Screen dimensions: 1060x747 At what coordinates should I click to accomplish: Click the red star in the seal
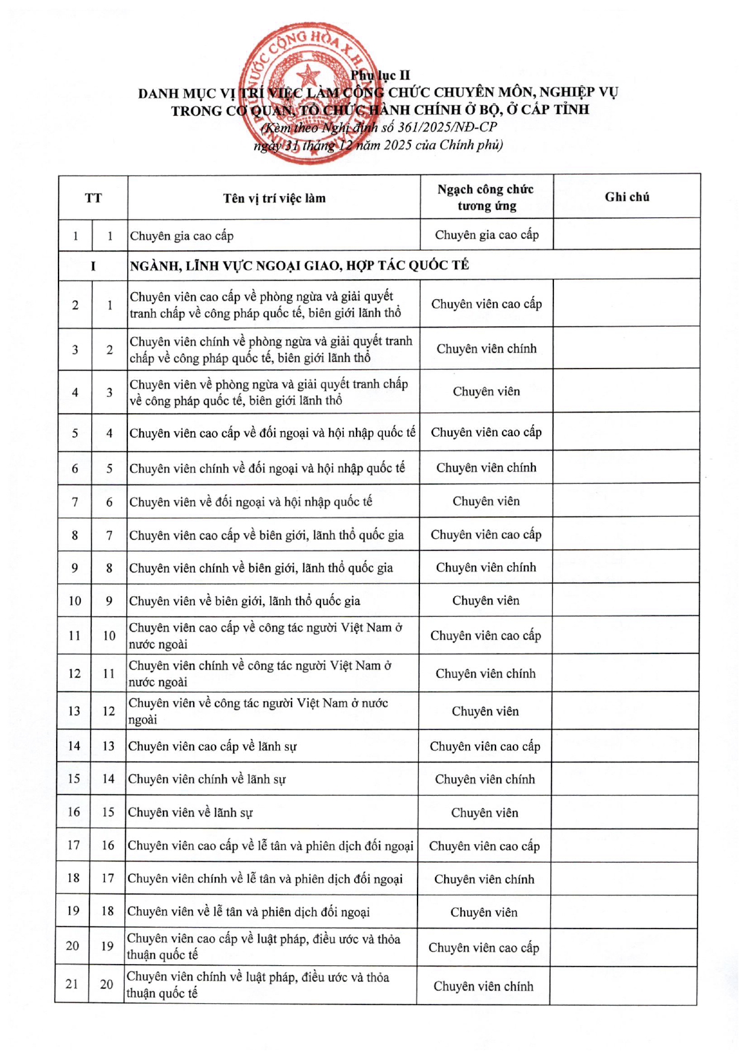point(308,77)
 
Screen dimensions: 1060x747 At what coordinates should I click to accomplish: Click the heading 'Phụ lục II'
point(380,75)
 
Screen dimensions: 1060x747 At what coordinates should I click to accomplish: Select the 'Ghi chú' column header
point(627,197)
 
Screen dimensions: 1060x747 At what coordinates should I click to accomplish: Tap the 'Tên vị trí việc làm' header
point(274,198)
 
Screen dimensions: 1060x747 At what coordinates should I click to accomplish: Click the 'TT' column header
point(94,198)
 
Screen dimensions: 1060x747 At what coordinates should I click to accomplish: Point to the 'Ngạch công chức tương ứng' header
point(486,197)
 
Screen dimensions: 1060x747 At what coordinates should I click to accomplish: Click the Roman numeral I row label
point(94,265)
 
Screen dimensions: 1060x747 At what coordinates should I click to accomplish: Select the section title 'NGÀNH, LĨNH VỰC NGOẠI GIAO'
point(299,265)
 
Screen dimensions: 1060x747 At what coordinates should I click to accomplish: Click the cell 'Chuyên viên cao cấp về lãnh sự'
point(212,746)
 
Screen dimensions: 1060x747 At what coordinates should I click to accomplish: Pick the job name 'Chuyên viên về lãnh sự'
point(190,813)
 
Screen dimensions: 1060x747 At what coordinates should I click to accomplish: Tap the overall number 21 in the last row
point(72,984)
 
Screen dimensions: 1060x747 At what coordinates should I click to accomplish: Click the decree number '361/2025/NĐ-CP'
point(447,127)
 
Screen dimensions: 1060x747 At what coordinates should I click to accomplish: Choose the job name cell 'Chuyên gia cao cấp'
point(182,236)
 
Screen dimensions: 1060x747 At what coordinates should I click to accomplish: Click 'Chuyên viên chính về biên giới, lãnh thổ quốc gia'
point(261,568)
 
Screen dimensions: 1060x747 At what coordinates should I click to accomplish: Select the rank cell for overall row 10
point(486,600)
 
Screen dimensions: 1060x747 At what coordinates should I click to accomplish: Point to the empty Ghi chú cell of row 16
point(625,813)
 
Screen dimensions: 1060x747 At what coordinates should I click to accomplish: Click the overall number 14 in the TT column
point(74,746)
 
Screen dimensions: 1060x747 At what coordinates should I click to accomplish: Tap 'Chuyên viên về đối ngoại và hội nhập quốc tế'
point(250,501)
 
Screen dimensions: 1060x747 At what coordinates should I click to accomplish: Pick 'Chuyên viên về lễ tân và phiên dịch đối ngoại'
point(248,912)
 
